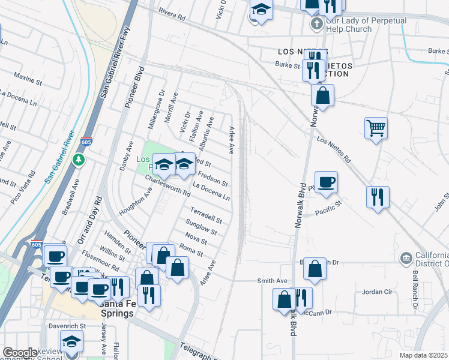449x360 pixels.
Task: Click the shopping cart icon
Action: coord(376,128)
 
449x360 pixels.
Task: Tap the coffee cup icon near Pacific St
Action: coord(326,182)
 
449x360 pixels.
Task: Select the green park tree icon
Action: coord(78,160)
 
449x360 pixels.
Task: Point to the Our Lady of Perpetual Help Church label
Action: coord(366,25)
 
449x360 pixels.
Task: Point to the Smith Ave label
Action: coord(273,281)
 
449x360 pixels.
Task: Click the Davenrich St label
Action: coord(68,326)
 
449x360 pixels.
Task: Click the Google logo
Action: coord(20,353)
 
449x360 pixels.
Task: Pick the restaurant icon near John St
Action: coord(378,197)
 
